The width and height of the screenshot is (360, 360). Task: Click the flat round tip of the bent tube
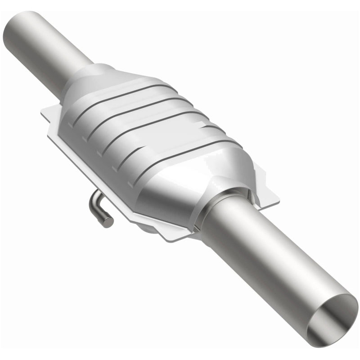tap(108, 221)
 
